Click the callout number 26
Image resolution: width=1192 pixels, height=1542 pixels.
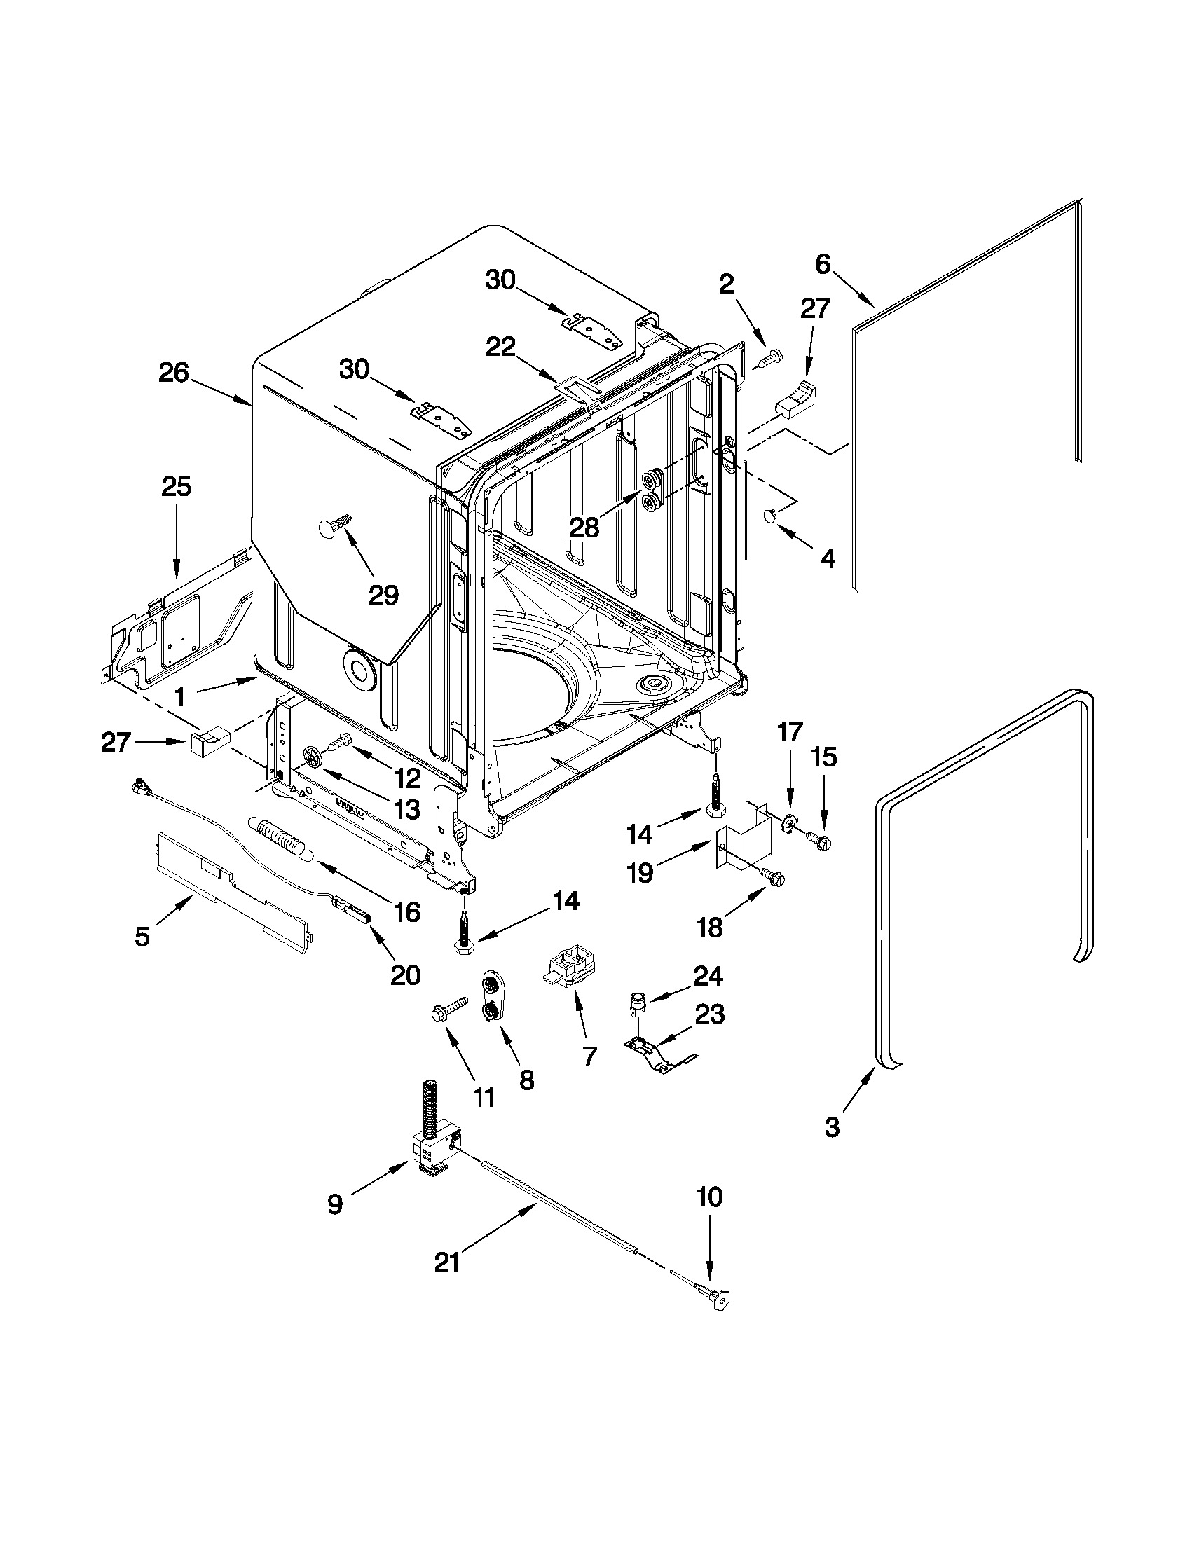[x=173, y=373]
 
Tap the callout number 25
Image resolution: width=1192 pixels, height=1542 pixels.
[x=177, y=486]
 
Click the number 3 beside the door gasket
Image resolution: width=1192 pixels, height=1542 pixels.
[x=833, y=1127]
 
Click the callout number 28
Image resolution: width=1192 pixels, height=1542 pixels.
[x=584, y=528]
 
